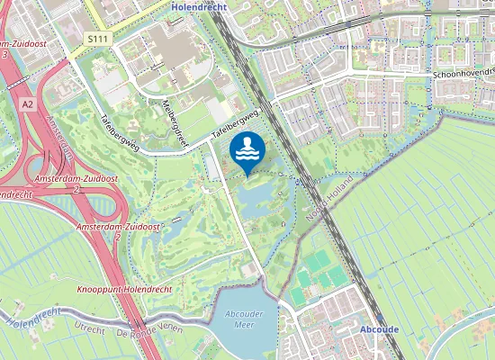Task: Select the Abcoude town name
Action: pyautogui.click(x=378, y=329)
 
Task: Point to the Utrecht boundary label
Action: pyautogui.click(x=90, y=327)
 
